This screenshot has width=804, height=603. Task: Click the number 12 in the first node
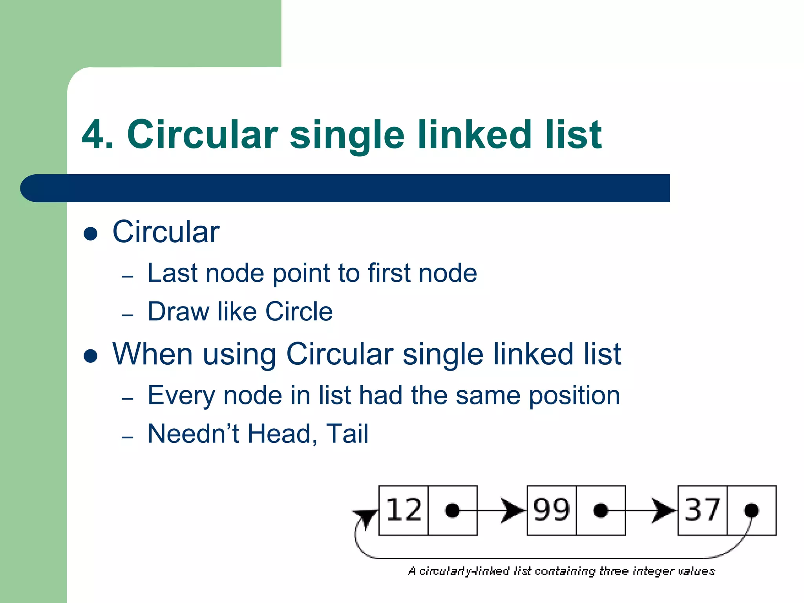coord(404,510)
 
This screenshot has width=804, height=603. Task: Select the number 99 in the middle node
coord(551,510)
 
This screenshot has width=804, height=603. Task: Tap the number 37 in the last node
coord(702,510)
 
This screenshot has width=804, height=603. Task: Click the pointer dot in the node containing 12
coord(452,510)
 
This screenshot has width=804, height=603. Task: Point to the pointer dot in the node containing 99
coord(601,510)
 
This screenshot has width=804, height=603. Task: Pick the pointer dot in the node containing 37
coord(751,510)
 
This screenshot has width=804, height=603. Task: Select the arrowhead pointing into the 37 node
coord(664,511)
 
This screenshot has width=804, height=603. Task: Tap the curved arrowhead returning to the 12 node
coord(365,517)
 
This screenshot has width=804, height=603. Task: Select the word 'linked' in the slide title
coord(475,135)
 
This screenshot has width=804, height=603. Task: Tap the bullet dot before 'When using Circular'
coord(91,356)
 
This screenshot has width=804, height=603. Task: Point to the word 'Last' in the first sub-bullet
coord(172,273)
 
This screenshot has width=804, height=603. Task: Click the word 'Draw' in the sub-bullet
coord(178,311)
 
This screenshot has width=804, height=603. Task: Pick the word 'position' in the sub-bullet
coord(574,396)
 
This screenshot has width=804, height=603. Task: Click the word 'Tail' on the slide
coord(347,434)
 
